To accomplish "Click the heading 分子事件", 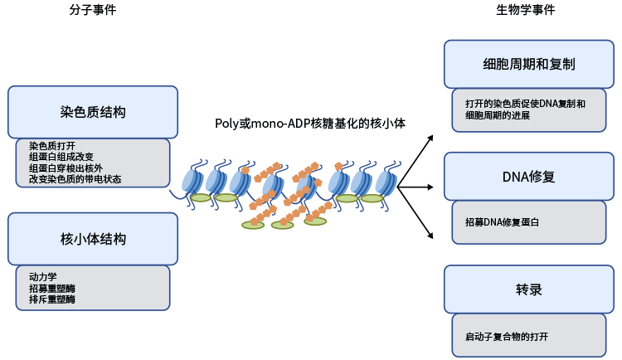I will click(x=93, y=11).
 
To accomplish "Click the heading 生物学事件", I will click(x=525, y=11).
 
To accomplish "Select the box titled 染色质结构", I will click(x=93, y=112).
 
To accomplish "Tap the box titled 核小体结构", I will click(x=93, y=239).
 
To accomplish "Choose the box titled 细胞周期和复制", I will click(x=528, y=64).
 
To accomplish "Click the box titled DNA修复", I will click(x=528, y=177).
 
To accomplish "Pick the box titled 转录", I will click(x=528, y=289).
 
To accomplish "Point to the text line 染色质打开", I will click(x=52, y=145).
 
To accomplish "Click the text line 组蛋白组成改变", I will click(x=61, y=157).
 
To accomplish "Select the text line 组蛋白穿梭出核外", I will click(x=66, y=168).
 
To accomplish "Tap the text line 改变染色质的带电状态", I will click(x=75, y=178).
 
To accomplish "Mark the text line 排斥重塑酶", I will click(x=52, y=299).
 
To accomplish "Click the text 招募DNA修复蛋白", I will click(x=502, y=222).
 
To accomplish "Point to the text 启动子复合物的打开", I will click(x=507, y=337).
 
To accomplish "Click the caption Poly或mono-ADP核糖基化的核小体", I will click(x=310, y=124).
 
